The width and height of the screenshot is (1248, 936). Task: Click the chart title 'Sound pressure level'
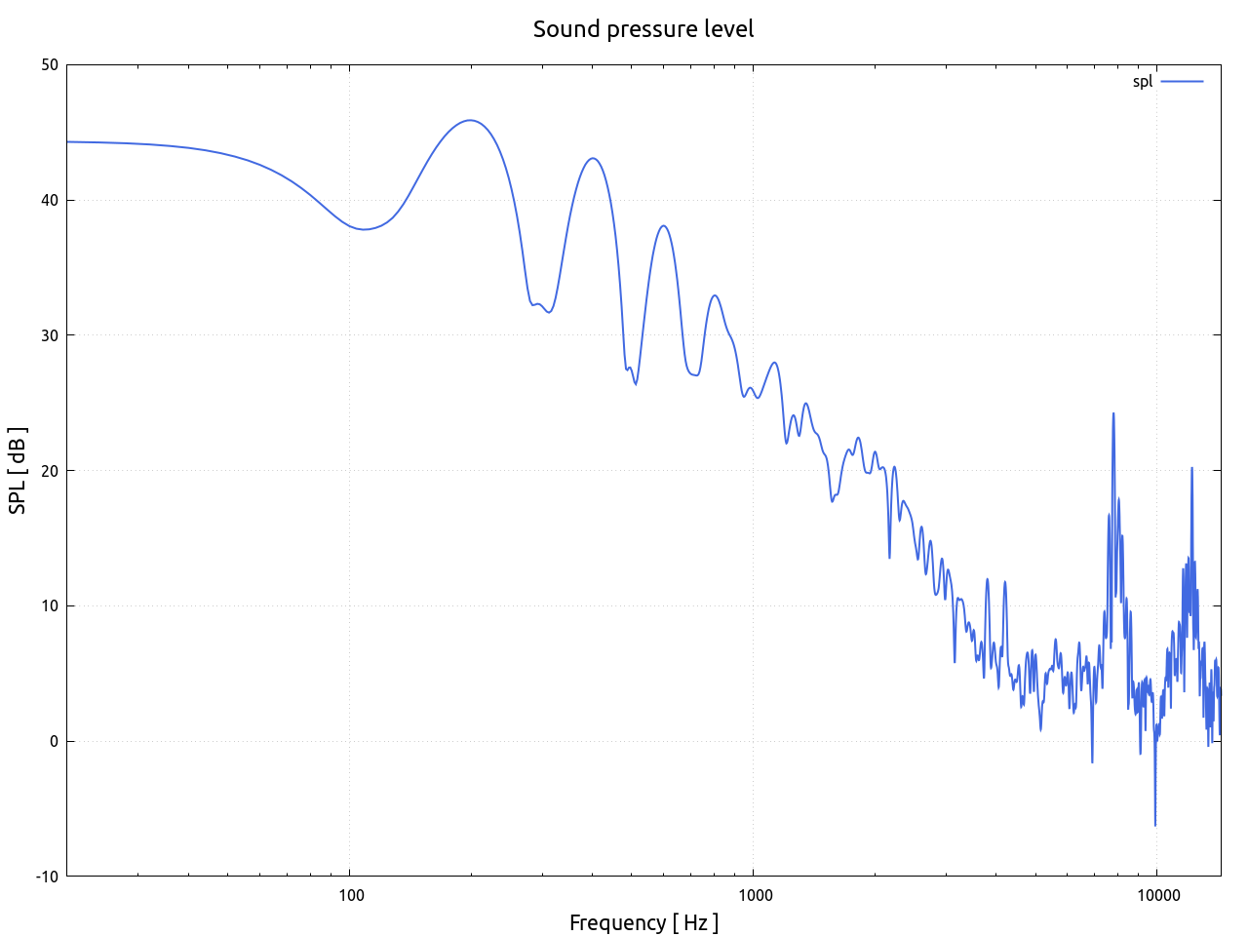pyautogui.click(x=643, y=29)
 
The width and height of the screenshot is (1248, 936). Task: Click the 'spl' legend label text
pyautogui.click(x=1142, y=82)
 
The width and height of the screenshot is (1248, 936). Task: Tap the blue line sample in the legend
pyautogui.click(x=1182, y=82)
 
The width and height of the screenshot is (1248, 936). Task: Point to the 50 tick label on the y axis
pyautogui.click(x=49, y=65)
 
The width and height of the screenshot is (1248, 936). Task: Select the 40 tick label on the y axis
pyautogui.click(x=49, y=201)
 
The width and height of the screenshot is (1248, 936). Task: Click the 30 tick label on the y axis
pyautogui.click(x=49, y=335)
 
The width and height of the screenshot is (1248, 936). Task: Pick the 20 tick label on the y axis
pyautogui.click(x=49, y=471)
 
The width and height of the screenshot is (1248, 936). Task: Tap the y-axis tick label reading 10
pyautogui.click(x=49, y=606)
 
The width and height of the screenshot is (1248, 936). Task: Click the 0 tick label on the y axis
pyautogui.click(x=54, y=741)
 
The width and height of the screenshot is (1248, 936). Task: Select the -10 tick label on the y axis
pyautogui.click(x=46, y=877)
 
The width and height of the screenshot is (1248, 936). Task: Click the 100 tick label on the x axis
pyautogui.click(x=350, y=895)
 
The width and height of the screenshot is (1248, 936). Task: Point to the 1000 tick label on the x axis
pyautogui.click(x=753, y=895)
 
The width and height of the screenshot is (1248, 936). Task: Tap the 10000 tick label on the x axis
pyautogui.click(x=1155, y=895)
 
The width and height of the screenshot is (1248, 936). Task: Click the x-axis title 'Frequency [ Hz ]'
pyautogui.click(x=643, y=922)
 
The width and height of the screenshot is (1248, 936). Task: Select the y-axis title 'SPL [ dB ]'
pyautogui.click(x=18, y=471)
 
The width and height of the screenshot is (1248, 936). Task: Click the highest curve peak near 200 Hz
pyautogui.click(x=471, y=121)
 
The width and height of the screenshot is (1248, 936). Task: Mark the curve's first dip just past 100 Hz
pyautogui.click(x=364, y=229)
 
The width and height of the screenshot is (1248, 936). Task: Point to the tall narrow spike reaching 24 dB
pyautogui.click(x=1112, y=413)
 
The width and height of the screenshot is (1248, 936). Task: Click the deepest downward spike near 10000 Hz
pyautogui.click(x=1155, y=825)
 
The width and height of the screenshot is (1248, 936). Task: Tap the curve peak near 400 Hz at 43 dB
pyautogui.click(x=592, y=158)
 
